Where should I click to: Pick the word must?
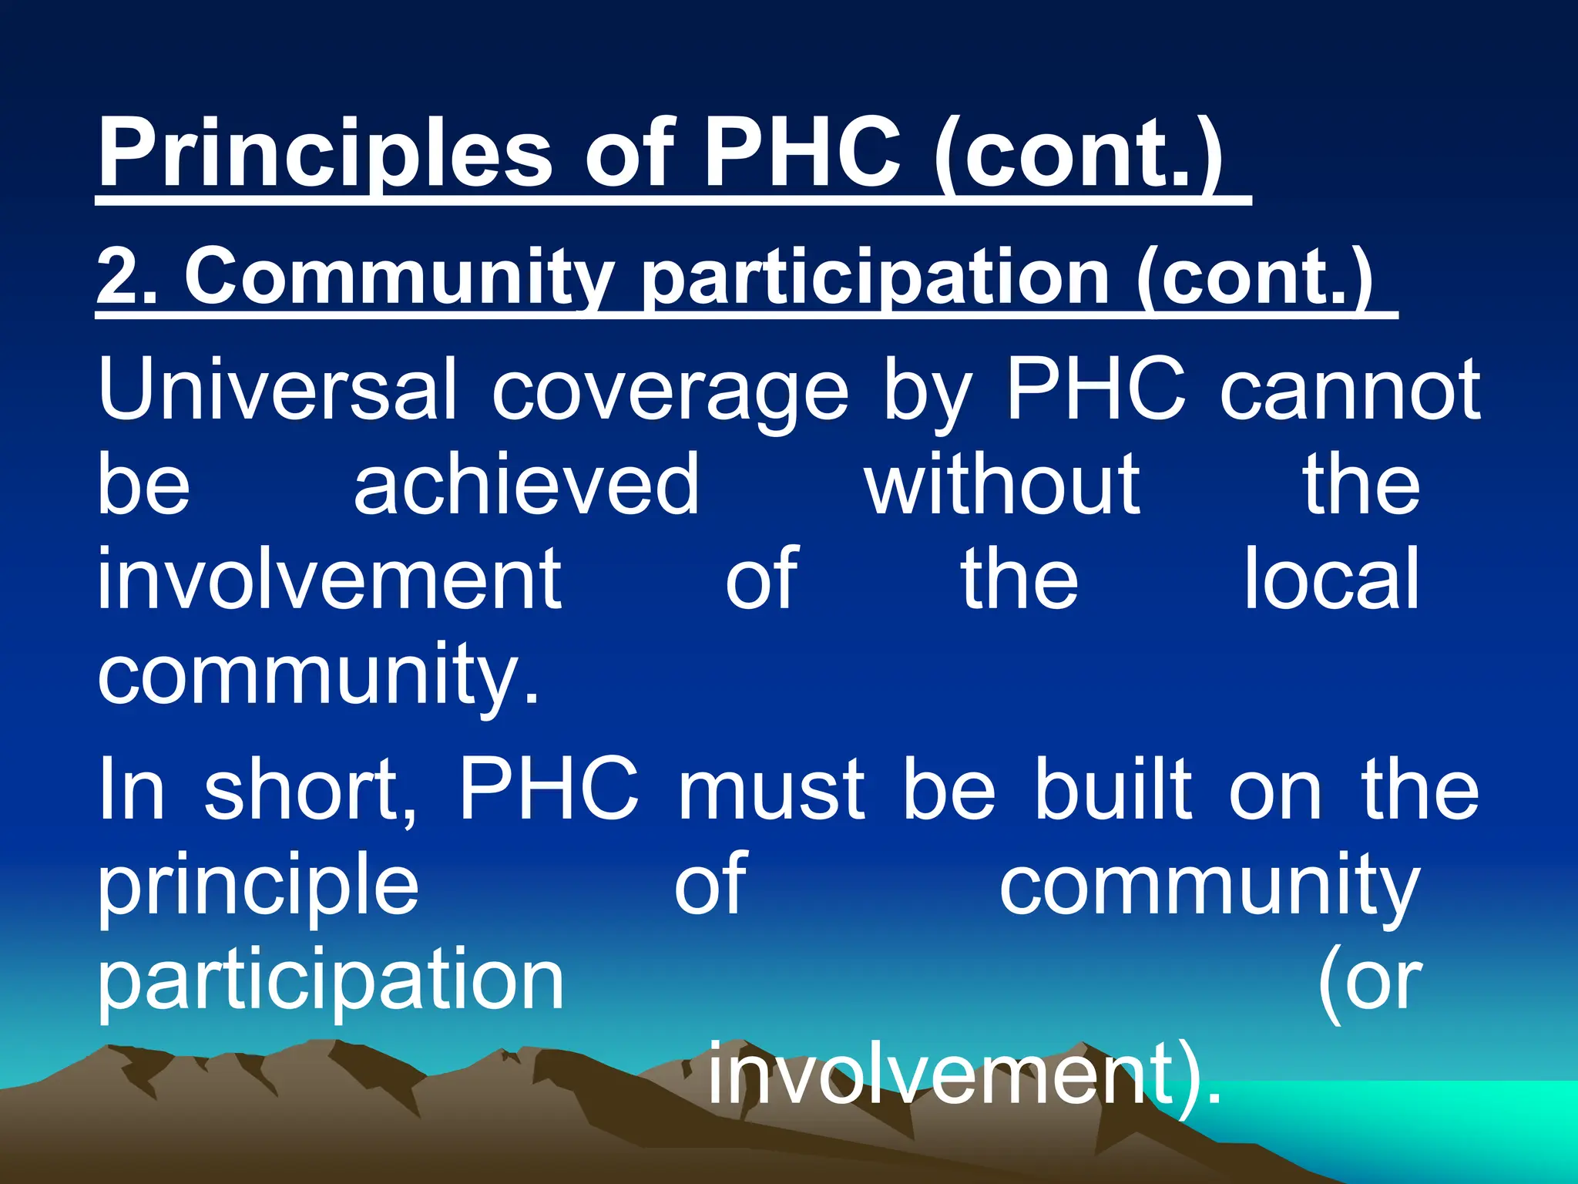tap(771, 790)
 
